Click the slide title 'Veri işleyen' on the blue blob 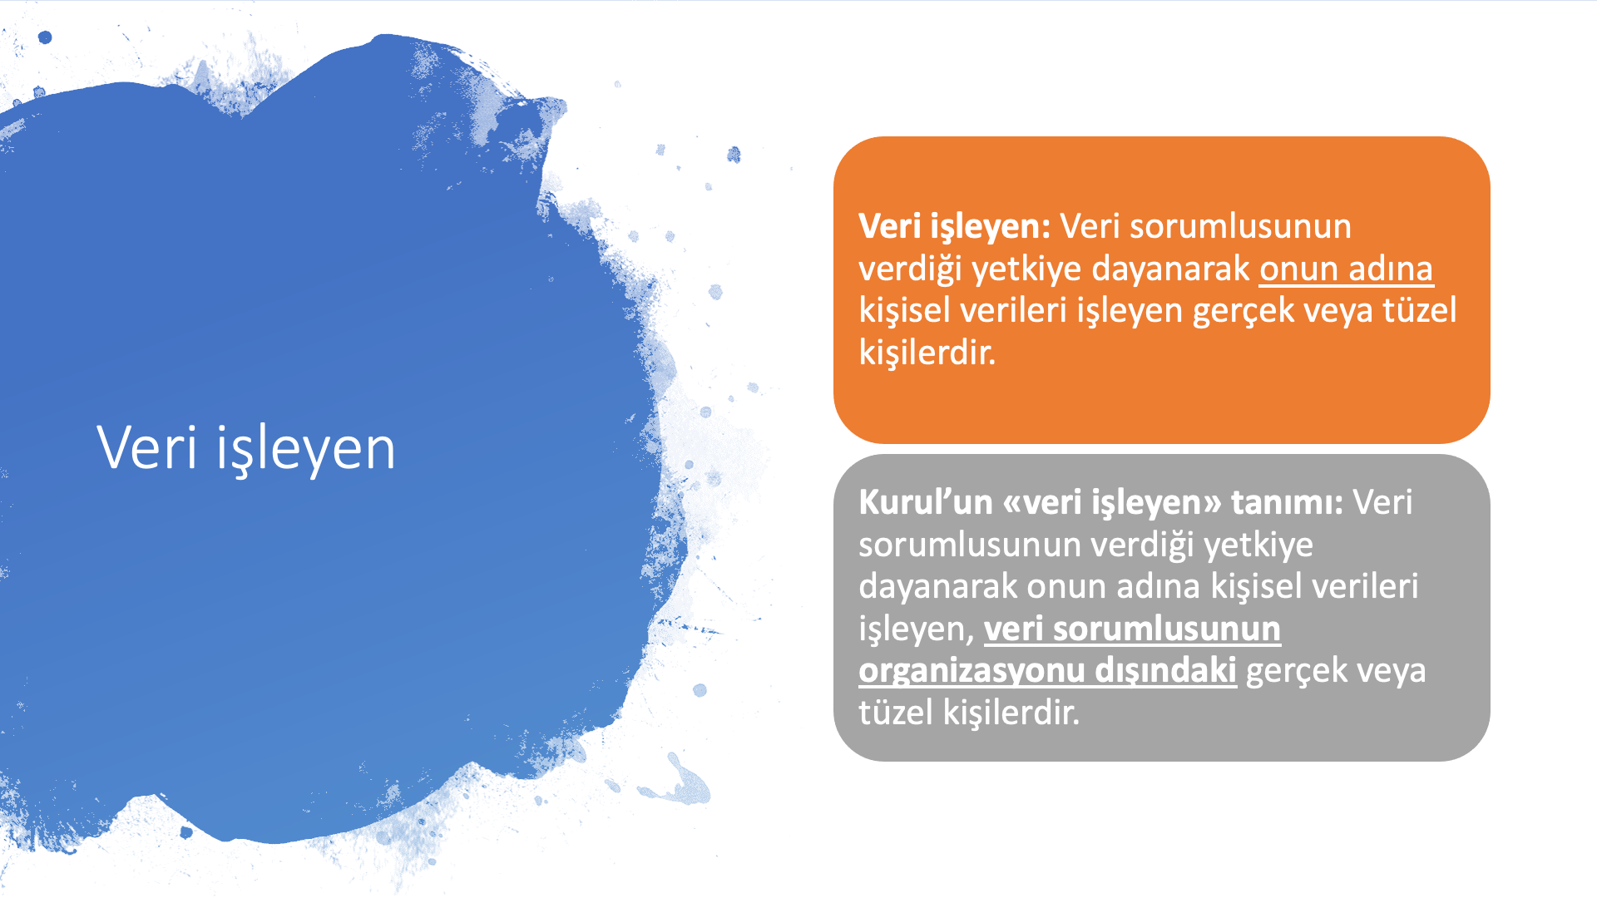246,449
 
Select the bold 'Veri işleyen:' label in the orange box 955,227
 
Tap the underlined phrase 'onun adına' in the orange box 1347,269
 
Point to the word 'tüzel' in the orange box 1420,309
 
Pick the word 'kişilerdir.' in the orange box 927,353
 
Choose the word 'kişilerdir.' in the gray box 1011,713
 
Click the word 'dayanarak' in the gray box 938,587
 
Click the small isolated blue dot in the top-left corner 45,37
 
